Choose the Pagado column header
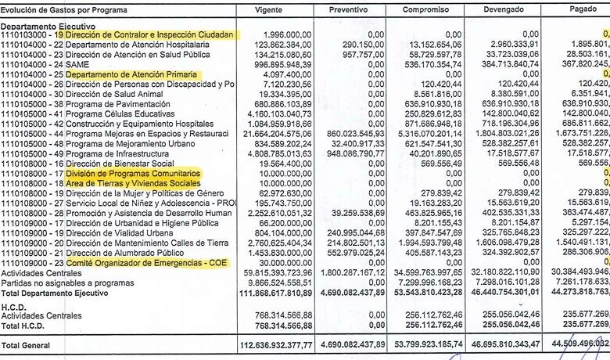click(583, 9)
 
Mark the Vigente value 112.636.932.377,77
click(267, 344)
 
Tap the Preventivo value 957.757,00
click(361, 55)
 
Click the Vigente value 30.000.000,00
click(283, 263)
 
